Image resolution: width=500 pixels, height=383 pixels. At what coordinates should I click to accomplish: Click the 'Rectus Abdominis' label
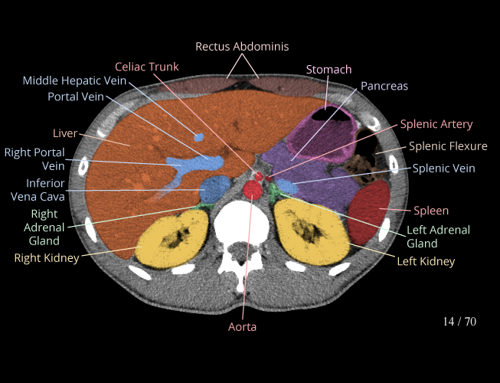pyautogui.click(x=242, y=47)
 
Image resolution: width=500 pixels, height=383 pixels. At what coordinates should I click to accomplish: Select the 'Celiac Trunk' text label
pyautogui.click(x=147, y=67)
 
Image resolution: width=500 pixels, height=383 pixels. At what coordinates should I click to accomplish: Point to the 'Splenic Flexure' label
pyautogui.click(x=448, y=146)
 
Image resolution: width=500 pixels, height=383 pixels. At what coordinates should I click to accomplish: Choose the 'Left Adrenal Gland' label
pyautogui.click(x=438, y=237)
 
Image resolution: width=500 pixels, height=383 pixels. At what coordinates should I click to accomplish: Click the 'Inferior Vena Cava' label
pyautogui.click(x=45, y=189)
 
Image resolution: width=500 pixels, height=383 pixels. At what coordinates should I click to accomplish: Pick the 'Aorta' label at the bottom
pyautogui.click(x=242, y=327)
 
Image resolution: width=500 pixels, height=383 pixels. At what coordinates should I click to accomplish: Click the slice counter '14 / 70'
pyautogui.click(x=459, y=322)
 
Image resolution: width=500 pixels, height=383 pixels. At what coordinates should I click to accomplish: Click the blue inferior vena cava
pyautogui.click(x=214, y=188)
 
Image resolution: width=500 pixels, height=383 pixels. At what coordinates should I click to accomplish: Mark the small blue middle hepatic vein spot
pyautogui.click(x=199, y=138)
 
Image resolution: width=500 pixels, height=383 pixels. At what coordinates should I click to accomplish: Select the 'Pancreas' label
pyautogui.click(x=384, y=86)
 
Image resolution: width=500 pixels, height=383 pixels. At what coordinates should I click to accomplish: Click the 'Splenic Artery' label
pyautogui.click(x=436, y=124)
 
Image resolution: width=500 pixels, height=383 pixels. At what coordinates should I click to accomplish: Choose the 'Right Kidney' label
pyautogui.click(x=47, y=258)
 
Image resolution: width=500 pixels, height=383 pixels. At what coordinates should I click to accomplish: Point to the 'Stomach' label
pyautogui.click(x=328, y=70)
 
